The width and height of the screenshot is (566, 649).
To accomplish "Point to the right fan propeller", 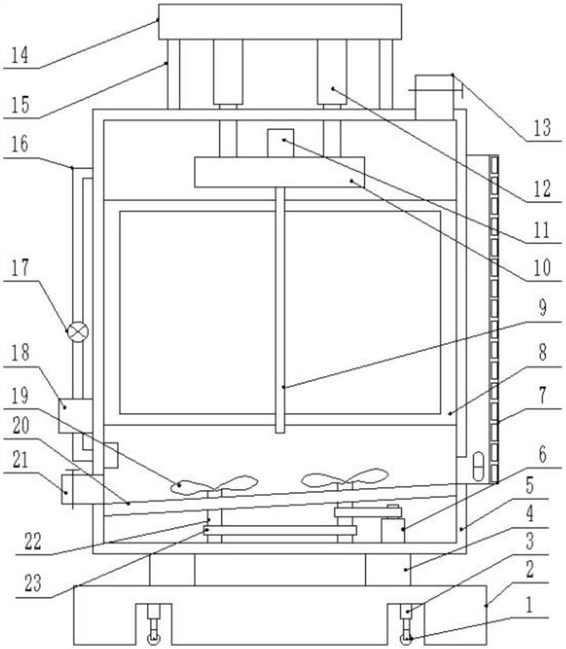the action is click(345, 480).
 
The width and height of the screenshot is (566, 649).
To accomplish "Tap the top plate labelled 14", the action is click(279, 21).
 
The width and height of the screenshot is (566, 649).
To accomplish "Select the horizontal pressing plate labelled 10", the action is click(279, 173).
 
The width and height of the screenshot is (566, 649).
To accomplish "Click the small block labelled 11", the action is click(280, 141).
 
